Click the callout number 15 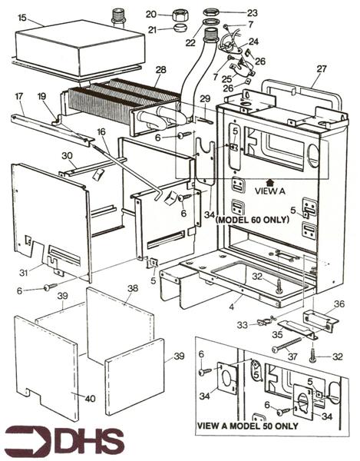[x=22, y=17]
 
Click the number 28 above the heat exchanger [x=160, y=71]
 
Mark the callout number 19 [x=43, y=98]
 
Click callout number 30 [x=67, y=156]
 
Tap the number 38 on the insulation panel [x=132, y=289]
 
